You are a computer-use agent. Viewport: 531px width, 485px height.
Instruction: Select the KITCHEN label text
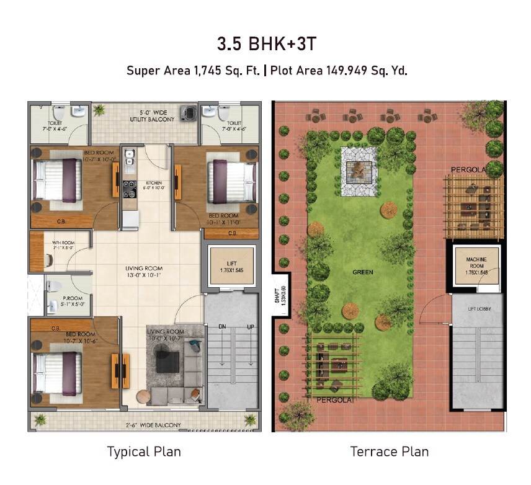coord(153,183)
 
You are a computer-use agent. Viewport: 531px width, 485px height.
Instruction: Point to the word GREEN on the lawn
coord(362,272)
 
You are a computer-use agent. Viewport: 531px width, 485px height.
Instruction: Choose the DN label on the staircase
coord(221,326)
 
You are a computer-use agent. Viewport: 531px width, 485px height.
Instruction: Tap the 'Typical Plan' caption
coord(144,451)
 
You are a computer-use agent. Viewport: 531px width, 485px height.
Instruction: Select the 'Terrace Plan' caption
coord(390,451)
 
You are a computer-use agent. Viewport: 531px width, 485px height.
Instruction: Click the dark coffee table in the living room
coord(168,362)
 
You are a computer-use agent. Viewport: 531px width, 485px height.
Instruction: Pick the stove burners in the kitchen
coord(129,187)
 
